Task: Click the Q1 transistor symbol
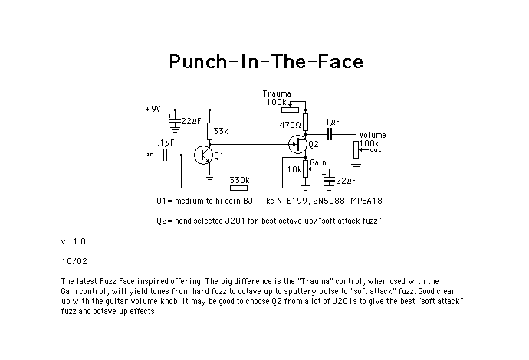(x=203, y=155)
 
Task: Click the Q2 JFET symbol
(x=297, y=144)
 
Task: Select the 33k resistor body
(x=209, y=131)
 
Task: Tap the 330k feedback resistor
(x=238, y=188)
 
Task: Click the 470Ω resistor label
(x=290, y=125)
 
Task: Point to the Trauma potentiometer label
(x=277, y=93)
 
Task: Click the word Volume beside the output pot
(x=373, y=135)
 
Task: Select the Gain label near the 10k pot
(x=318, y=162)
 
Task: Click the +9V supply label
(x=153, y=110)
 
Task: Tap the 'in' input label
(x=150, y=155)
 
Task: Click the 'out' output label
(x=376, y=149)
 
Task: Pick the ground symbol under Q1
(x=209, y=177)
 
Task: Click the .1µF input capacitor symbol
(x=164, y=155)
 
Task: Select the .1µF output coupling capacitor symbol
(x=330, y=134)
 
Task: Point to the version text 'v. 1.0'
(x=74, y=241)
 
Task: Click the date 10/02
(x=74, y=261)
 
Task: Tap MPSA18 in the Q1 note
(x=366, y=201)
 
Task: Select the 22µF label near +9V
(x=191, y=121)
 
